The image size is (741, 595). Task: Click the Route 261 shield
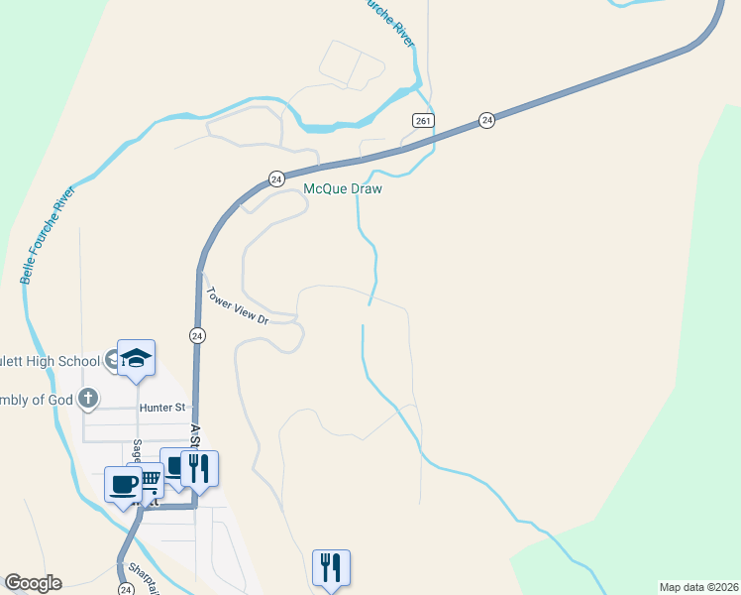tap(423, 120)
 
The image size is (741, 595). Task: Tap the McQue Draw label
tap(342, 188)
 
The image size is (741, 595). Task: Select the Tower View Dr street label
tap(237, 305)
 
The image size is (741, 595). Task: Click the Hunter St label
tap(162, 407)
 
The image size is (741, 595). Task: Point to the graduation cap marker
tap(137, 358)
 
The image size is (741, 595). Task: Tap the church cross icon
tap(88, 399)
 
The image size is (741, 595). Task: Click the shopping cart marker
tap(149, 480)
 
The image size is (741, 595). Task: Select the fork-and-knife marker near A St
tap(199, 468)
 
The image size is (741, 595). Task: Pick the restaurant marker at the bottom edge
tap(331, 568)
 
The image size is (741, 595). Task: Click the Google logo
tap(33, 583)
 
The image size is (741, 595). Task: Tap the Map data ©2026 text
tap(698, 587)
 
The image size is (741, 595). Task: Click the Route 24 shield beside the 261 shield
tap(486, 119)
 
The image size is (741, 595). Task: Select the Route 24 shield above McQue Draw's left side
tap(276, 178)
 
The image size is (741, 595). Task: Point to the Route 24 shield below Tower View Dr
tap(197, 335)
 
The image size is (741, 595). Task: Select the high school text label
tap(50, 361)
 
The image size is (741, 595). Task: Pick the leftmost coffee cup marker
tap(123, 485)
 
